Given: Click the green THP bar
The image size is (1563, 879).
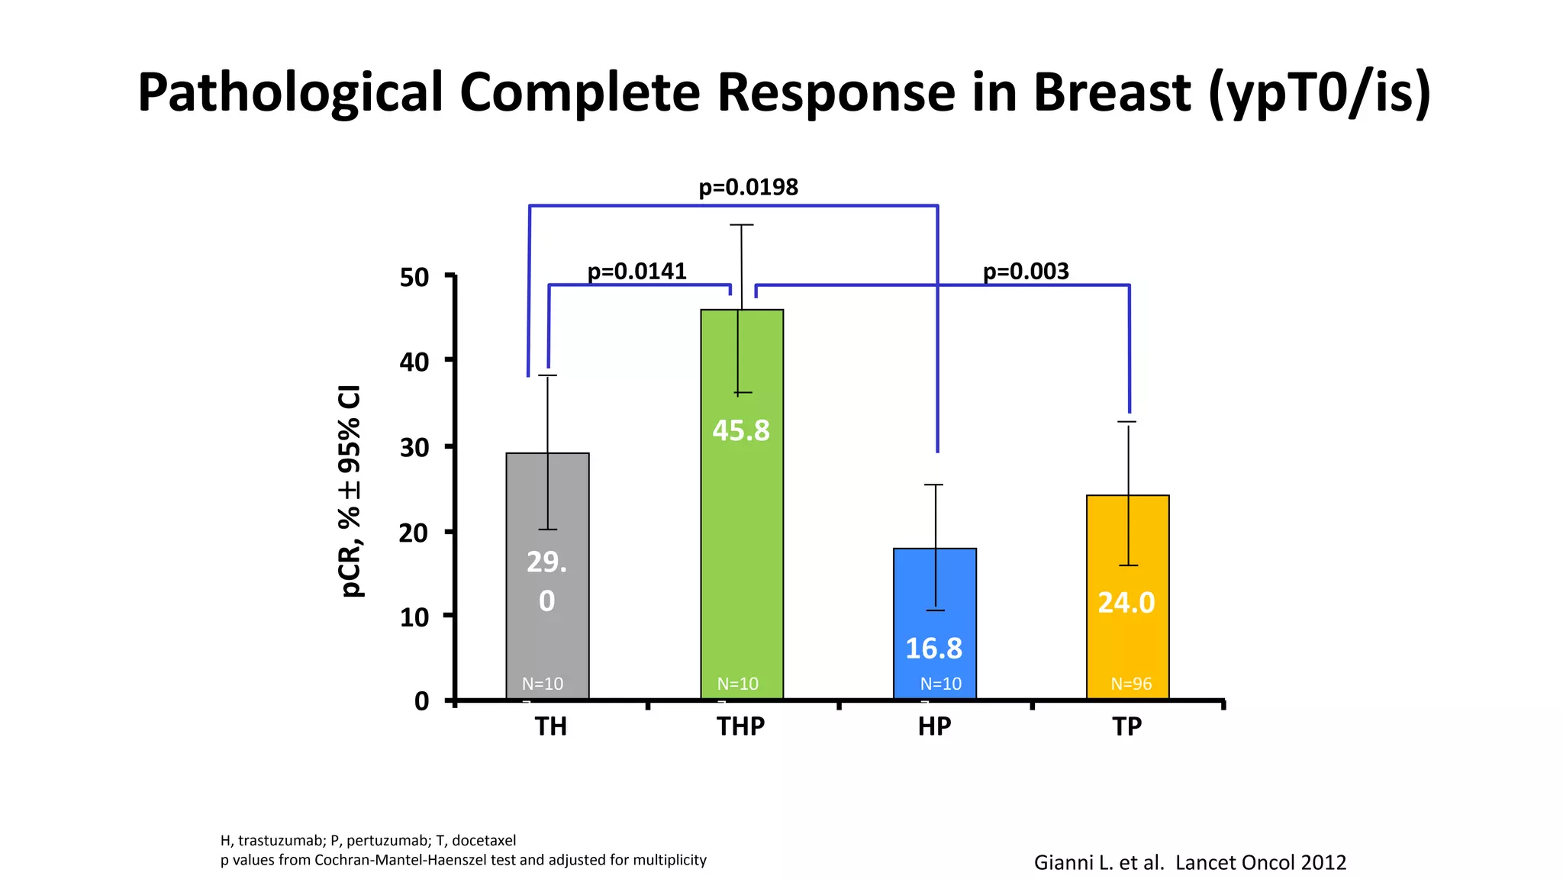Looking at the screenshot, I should click(742, 534).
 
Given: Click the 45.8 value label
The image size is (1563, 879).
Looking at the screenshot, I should click(741, 430).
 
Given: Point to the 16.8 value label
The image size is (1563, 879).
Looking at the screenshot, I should click(933, 649).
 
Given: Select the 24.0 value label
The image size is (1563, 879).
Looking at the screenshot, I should click(1126, 603).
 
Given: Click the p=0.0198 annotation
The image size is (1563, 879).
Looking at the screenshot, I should click(748, 187).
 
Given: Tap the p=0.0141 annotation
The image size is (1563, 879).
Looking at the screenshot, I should click(636, 271).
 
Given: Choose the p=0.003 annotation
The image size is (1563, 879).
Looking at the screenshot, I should click(1026, 271).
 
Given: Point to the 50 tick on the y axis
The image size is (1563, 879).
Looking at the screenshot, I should click(414, 278).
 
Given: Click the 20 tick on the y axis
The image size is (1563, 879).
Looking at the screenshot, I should click(414, 533).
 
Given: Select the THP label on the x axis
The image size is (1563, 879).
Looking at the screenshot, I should click(740, 726).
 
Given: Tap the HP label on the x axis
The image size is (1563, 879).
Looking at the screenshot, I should click(934, 726).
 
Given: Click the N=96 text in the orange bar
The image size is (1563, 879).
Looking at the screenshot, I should click(1131, 684).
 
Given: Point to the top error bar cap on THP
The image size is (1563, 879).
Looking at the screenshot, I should click(741, 225).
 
